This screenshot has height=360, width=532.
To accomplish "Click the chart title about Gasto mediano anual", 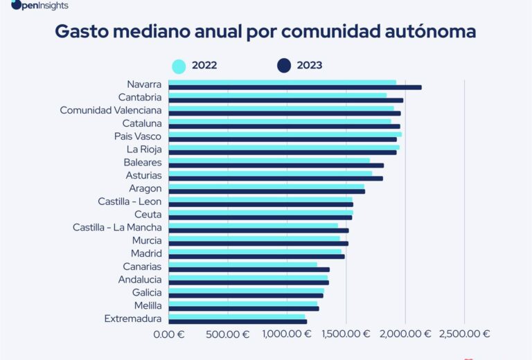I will coord(265,32).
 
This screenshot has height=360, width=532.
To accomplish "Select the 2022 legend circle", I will coord(179,66).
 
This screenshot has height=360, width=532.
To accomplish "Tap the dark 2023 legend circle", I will coord(283,66).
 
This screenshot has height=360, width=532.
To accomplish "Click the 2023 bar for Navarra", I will coord(294,87).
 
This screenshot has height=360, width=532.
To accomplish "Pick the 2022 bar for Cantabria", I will coord(277,95).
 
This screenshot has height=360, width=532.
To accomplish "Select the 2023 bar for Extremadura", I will coord(237,321).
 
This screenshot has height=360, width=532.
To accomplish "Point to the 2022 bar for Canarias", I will coord(242,264).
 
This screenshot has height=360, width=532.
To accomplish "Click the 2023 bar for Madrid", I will coord(256,256).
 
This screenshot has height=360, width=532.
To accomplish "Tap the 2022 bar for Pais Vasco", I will coord(285,134).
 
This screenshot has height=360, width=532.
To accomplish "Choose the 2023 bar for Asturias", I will coord(275,178).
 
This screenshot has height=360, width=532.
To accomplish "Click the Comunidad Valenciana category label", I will coord(111,110).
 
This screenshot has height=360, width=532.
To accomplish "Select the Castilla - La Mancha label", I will coord(117,227).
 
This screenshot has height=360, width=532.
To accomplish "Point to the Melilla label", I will coord(148,305).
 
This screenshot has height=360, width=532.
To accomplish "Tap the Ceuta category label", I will coord(148,215).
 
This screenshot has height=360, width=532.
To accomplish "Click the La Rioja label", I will coord(144,149).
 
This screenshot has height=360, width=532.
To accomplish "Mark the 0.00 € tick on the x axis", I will coord(169,334).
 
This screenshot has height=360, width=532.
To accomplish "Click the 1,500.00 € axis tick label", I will coord(348,334).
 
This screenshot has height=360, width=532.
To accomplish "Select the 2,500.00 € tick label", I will coord(466,334).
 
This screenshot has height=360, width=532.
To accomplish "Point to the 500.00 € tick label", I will coord(227,334).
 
